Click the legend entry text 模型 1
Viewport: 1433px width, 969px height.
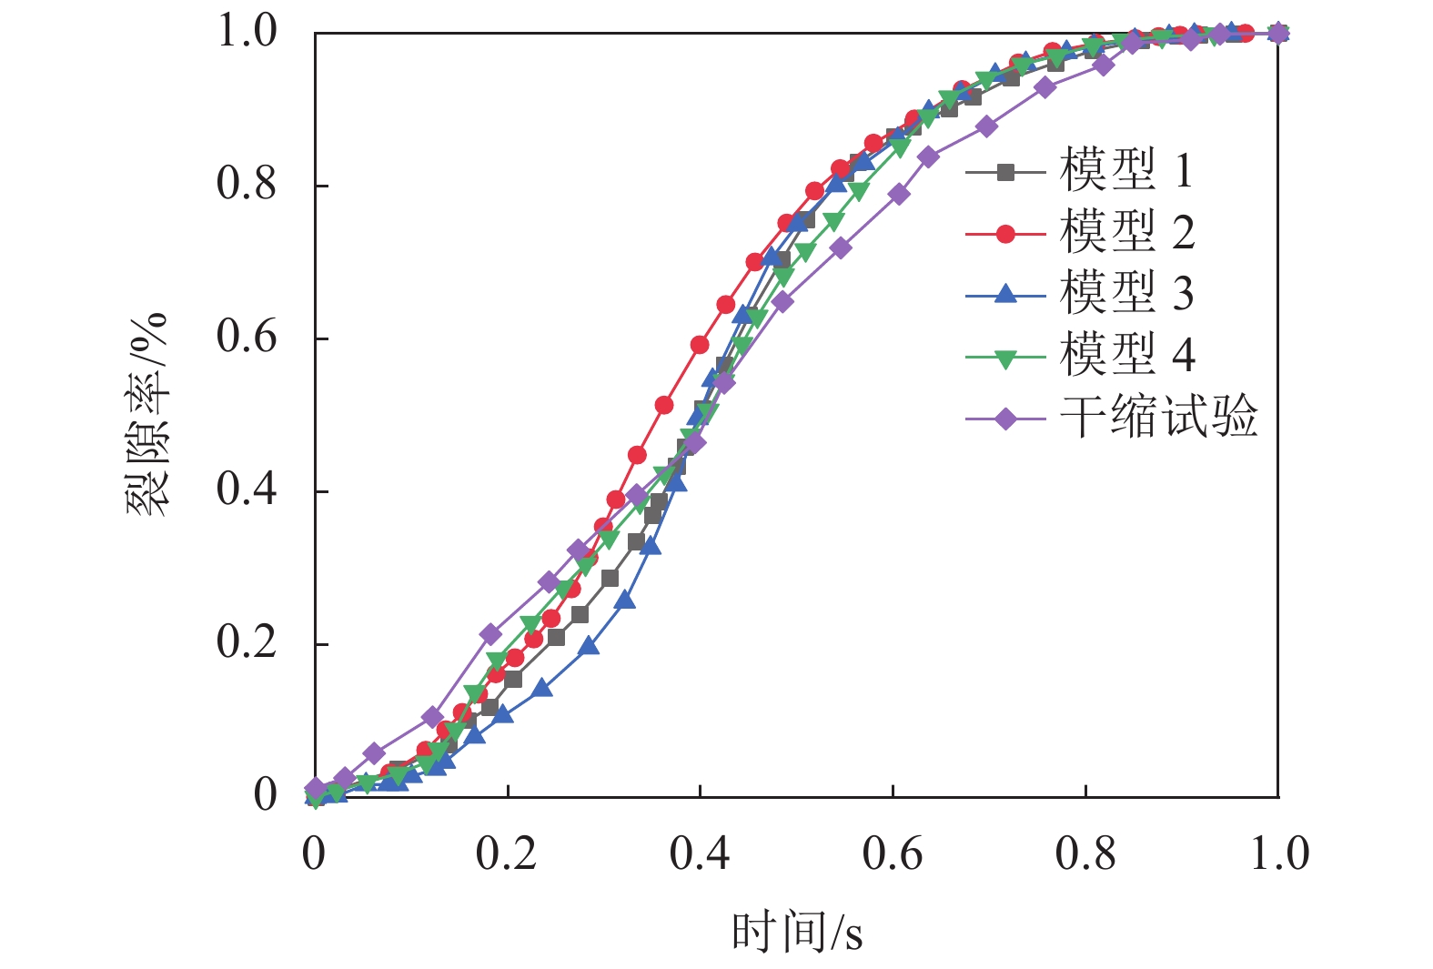pyautogui.click(x=1126, y=170)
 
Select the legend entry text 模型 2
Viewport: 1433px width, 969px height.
pyautogui.click(x=1126, y=232)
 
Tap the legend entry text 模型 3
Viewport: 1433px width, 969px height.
pyautogui.click(x=1126, y=293)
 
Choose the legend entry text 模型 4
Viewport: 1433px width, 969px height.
pyautogui.click(x=1126, y=354)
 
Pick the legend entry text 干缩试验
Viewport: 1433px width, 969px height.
pyautogui.click(x=1158, y=417)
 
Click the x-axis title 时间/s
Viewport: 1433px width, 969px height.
pyautogui.click(x=797, y=933)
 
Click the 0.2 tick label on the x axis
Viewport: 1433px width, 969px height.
pyautogui.click(x=506, y=854)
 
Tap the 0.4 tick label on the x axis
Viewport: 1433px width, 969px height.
pyautogui.click(x=699, y=854)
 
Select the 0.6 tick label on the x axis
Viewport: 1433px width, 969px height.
pyautogui.click(x=893, y=854)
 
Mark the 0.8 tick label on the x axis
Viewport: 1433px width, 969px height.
pyautogui.click(x=1085, y=854)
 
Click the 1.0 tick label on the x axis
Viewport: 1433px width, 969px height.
pyautogui.click(x=1278, y=854)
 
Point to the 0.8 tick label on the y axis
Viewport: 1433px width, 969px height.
pyautogui.click(x=247, y=185)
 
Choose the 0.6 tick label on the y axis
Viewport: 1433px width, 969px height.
pyautogui.click(x=247, y=338)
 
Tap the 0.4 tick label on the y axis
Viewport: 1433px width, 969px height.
pyautogui.click(x=247, y=490)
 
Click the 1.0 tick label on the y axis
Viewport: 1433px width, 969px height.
pyautogui.click(x=247, y=32)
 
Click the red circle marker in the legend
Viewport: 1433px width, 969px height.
pyautogui.click(x=1005, y=234)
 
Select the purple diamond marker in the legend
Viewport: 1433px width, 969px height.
pyautogui.click(x=1005, y=419)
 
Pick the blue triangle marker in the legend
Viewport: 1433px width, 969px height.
pyautogui.click(x=1005, y=294)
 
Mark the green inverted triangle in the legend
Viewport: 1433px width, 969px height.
pyautogui.click(x=1005, y=358)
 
